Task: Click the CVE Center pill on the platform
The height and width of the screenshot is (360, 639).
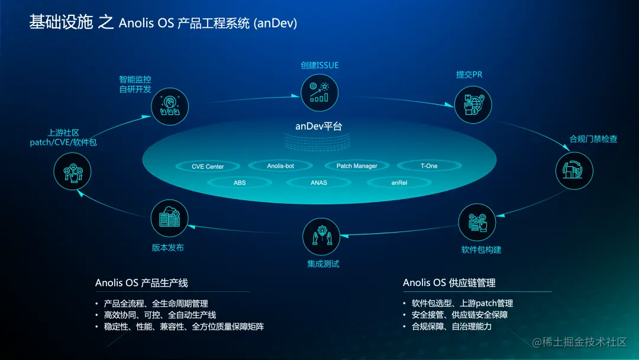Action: (208, 166)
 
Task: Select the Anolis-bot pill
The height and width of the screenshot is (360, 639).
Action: (280, 166)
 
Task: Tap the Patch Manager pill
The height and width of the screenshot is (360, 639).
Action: (357, 166)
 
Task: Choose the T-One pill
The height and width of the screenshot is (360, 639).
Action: (429, 166)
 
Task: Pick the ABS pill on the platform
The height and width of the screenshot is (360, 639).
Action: (240, 182)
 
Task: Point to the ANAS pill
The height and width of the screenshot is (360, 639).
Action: (319, 182)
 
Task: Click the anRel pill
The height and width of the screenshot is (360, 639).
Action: (399, 182)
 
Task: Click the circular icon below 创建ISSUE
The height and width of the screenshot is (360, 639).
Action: (319, 92)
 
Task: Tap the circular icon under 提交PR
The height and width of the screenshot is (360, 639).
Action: (473, 105)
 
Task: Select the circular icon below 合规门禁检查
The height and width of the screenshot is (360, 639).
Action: (574, 171)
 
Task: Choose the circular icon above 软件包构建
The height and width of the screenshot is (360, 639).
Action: (477, 223)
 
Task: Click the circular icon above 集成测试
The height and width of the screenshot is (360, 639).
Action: (321, 236)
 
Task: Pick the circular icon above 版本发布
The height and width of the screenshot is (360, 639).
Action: (169, 218)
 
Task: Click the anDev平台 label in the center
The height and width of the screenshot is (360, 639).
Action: (319, 126)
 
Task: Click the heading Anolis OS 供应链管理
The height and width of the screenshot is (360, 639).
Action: (449, 282)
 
